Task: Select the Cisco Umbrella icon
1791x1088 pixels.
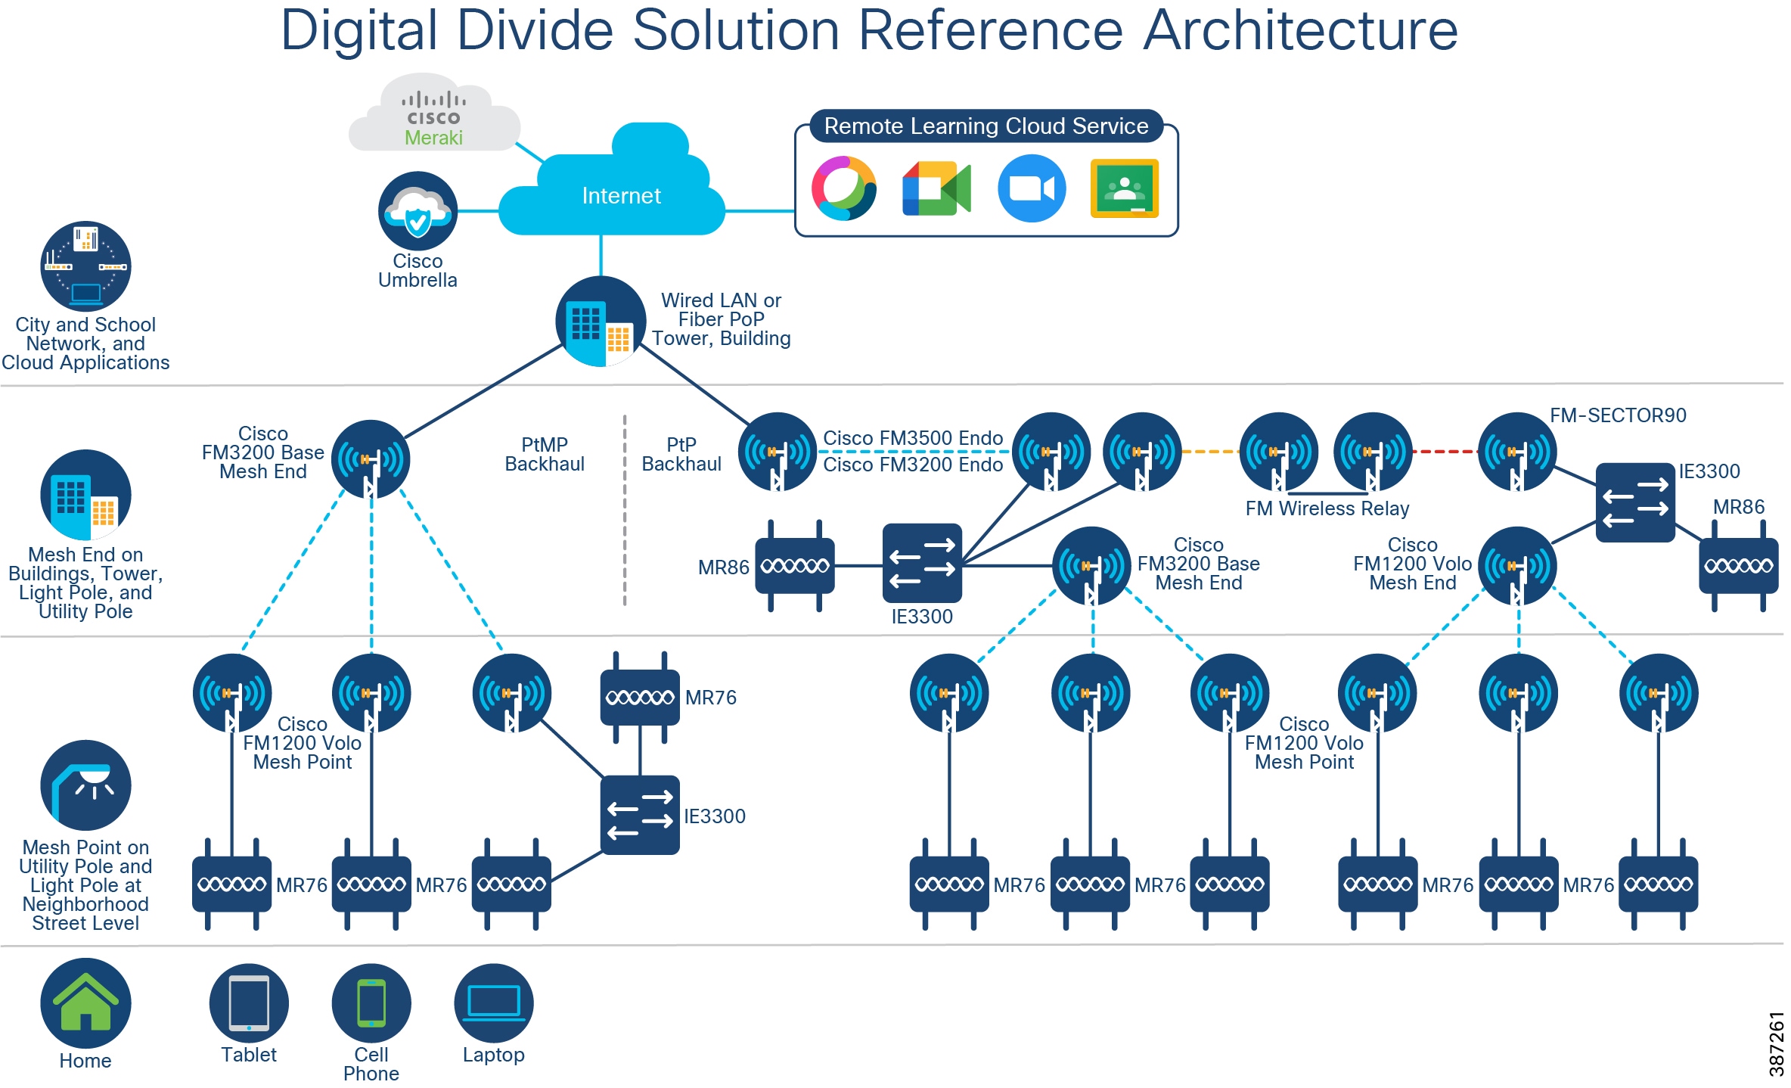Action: pos(417,211)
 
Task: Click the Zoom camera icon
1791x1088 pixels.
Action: pos(1032,188)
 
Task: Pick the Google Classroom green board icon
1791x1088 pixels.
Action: pos(1125,188)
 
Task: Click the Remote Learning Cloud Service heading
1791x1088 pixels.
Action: pos(986,126)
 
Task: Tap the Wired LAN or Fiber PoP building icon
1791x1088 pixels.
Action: pos(601,322)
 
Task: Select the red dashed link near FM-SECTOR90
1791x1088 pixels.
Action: pos(1445,452)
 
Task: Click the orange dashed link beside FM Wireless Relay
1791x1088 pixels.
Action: pos(1209,452)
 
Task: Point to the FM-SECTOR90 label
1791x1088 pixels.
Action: pos(1618,415)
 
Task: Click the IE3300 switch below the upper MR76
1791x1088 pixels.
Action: pos(640,815)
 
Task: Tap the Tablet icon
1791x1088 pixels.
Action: pos(249,1003)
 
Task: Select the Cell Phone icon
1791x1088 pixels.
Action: pos(371,1003)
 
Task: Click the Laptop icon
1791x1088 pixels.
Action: pos(494,1003)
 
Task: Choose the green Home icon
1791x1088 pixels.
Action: pos(85,1003)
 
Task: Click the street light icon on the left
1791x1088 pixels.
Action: pos(85,785)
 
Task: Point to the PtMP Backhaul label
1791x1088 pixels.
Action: pos(545,454)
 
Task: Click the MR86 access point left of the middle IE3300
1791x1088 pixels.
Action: pos(795,566)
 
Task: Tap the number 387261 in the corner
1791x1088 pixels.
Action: pos(1776,1044)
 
